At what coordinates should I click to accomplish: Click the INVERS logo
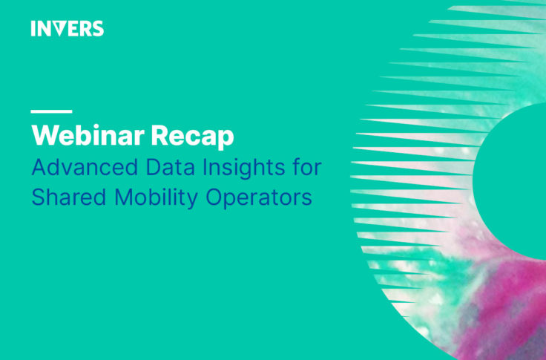68,28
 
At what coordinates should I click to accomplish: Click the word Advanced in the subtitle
85,167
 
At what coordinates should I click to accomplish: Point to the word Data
171,167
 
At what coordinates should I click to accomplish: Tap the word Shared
68,197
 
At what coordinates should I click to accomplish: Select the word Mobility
156,199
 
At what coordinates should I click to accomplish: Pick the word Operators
259,199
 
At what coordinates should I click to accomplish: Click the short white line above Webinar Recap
51,111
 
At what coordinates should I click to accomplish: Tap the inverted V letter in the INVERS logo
59,29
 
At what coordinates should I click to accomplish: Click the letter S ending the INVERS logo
98,28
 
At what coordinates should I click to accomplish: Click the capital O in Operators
214,197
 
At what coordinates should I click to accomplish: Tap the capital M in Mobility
123,197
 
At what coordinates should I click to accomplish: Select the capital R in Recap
159,135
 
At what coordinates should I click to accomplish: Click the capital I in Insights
205,167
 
